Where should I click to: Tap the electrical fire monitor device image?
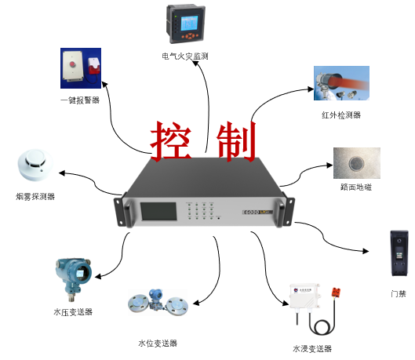pos(187,24)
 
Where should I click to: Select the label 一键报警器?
pos(80,100)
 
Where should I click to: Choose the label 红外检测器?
pos(341,115)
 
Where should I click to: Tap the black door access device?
pos(399,253)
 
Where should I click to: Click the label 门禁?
pos(399,293)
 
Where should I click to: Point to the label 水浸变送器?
pos(312,348)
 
